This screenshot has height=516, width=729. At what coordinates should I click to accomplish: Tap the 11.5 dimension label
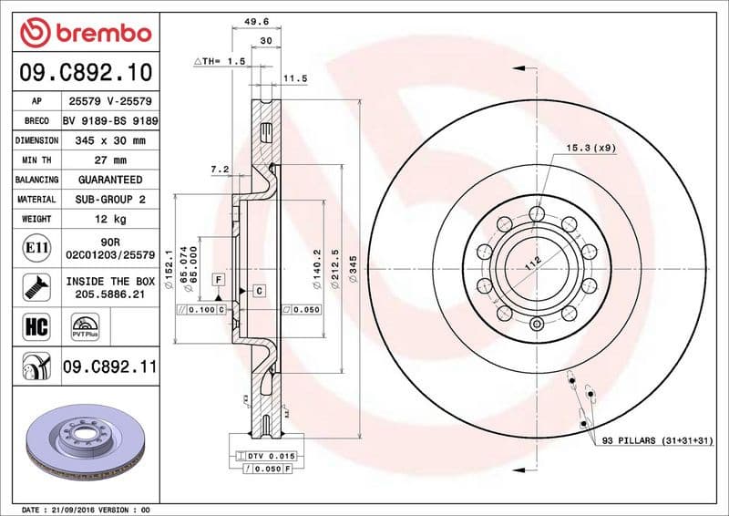click(294, 79)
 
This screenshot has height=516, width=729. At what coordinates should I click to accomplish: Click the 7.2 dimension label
click(219, 170)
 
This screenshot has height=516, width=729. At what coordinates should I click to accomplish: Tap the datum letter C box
click(258, 290)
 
